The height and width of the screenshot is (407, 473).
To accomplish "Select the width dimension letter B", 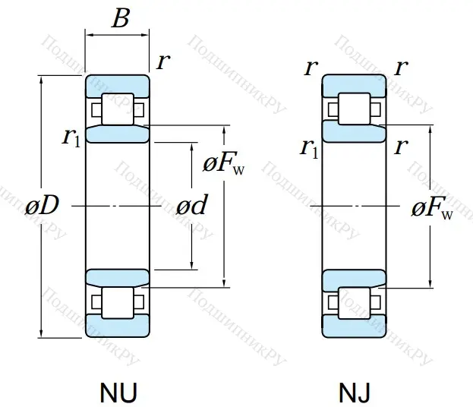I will [120, 19].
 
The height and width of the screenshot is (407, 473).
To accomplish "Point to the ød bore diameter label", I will [191, 206].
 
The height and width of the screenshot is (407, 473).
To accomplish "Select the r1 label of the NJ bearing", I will [309, 147].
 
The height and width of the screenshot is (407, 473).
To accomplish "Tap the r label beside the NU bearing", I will [162, 62].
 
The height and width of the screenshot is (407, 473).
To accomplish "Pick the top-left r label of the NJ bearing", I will [310, 68].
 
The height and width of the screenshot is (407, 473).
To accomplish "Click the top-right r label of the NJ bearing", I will [402, 68].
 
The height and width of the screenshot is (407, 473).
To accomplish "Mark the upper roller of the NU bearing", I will [117, 109].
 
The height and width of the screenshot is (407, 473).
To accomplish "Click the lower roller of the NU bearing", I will [117, 301].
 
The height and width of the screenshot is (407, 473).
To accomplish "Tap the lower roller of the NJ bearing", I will [354, 301].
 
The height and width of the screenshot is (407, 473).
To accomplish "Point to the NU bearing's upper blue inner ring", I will [117, 134].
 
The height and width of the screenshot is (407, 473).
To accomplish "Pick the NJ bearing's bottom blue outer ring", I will [354, 327].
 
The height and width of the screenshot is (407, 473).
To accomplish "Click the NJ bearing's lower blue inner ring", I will [354, 279].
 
